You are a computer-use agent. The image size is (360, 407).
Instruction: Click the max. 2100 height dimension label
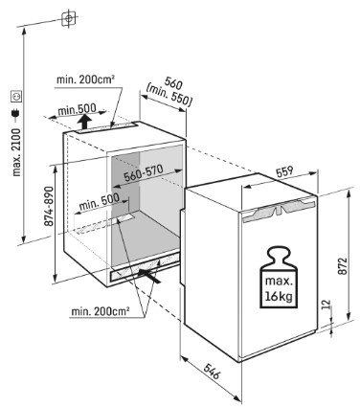coord(16,152)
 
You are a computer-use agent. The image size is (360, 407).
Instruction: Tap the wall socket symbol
coord(16,97)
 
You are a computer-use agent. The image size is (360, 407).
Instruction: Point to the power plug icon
coord(16,113)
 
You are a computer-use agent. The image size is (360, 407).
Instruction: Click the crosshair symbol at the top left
coord(69,19)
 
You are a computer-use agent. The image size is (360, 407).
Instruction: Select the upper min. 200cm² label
coord(85,79)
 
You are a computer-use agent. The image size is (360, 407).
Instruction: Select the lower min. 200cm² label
coord(101,311)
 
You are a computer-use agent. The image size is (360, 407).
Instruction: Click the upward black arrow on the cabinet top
coord(84,123)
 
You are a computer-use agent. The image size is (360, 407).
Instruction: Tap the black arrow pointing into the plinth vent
coord(149,276)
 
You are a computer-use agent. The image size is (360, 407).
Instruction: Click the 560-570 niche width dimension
coord(144,173)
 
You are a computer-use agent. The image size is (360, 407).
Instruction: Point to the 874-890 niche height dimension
coord(49,207)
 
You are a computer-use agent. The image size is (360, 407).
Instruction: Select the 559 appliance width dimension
coord(284,171)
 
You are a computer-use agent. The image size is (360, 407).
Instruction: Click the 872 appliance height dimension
coord(342,266)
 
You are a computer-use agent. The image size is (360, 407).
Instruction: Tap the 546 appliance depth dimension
coord(212,371)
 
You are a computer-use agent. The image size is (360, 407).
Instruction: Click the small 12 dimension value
coord(326,305)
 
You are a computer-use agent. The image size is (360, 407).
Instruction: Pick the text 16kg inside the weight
coord(279,296)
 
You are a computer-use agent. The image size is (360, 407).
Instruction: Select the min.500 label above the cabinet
coord(77,110)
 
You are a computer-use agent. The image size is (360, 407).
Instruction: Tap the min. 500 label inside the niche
coord(99,201)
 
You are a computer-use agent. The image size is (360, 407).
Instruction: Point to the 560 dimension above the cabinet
coord(173,83)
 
